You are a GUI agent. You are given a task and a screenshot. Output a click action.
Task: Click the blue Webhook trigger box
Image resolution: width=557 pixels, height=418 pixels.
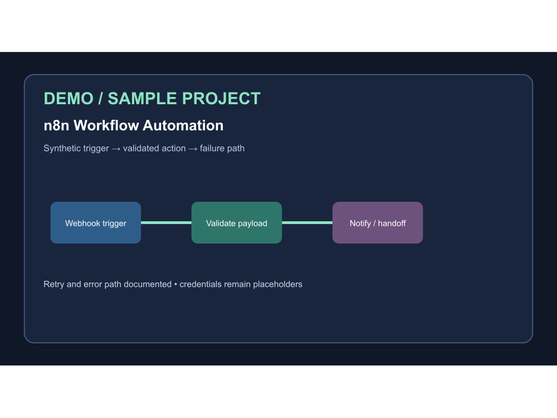[x=96, y=222]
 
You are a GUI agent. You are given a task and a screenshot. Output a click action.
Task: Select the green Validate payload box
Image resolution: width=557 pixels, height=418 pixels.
[x=237, y=222]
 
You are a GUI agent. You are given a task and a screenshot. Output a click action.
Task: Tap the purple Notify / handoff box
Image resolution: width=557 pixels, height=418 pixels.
[x=378, y=222]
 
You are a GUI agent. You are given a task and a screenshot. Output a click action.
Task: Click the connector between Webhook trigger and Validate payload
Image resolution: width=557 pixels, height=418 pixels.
[x=166, y=223]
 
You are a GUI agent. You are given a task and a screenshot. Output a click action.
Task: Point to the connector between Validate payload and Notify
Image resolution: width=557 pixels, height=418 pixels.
[x=307, y=223]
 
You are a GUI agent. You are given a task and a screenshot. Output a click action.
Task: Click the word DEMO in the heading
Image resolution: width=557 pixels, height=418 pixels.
[x=69, y=99]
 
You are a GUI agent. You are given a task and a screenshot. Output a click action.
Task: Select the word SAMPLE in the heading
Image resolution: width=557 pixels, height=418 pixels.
[x=142, y=99]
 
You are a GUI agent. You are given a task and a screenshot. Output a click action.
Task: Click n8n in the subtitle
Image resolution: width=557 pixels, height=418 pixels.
[x=56, y=125]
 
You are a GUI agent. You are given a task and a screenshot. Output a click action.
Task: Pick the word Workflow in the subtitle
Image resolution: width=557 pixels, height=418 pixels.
[x=105, y=125]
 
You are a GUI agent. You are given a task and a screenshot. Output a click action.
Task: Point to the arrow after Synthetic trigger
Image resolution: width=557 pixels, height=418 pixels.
[x=116, y=149]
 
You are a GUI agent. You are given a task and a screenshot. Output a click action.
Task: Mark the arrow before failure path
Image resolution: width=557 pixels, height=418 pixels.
[x=193, y=149]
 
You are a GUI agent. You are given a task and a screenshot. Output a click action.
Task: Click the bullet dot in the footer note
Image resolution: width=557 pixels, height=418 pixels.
[x=175, y=284]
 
